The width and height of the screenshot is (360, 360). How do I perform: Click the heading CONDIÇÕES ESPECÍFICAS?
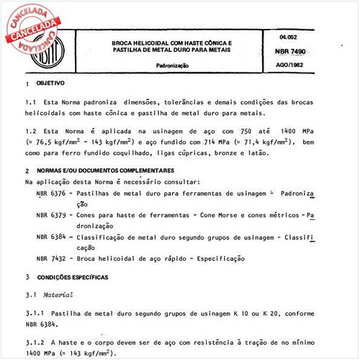[78, 276]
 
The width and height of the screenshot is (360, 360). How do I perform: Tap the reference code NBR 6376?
[50, 194]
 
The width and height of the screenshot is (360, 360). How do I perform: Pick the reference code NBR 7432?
[50, 258]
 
